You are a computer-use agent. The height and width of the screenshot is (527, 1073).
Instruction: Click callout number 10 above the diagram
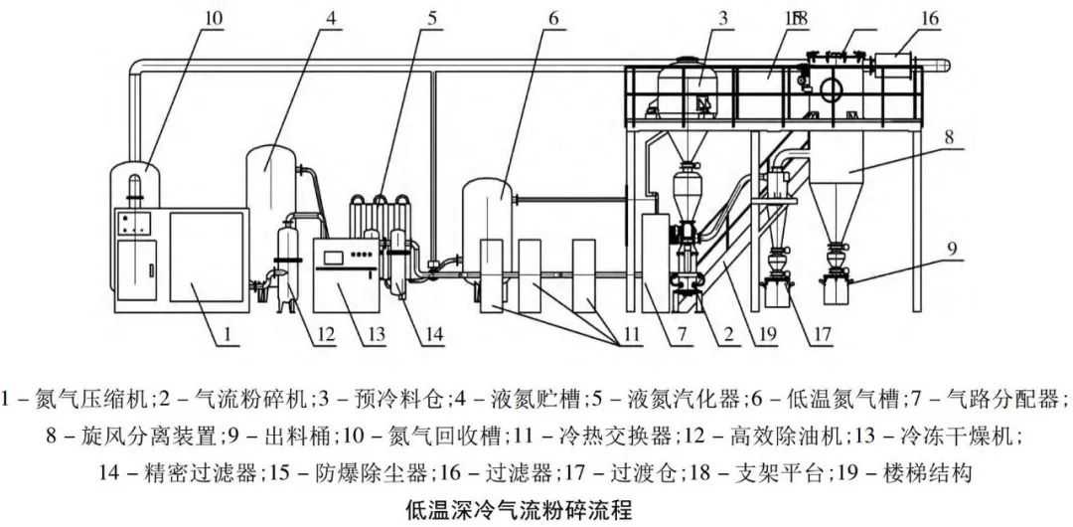click(x=215, y=17)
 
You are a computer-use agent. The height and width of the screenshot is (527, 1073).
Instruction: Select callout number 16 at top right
click(x=929, y=17)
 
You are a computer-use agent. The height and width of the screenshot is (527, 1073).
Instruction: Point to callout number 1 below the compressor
click(x=228, y=334)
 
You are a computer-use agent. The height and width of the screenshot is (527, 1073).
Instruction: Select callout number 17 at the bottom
click(x=821, y=334)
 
